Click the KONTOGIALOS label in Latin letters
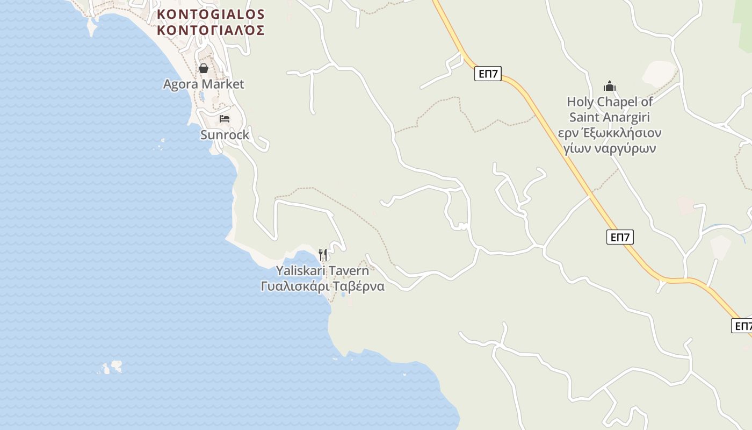click(211, 14)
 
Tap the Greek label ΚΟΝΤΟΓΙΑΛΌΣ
click(211, 30)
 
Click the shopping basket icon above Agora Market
click(204, 68)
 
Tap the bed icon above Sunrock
click(225, 118)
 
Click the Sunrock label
click(225, 135)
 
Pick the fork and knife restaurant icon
click(323, 254)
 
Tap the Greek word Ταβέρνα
click(358, 286)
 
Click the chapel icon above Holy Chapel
click(609, 86)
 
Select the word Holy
click(579, 102)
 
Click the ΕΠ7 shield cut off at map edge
click(742, 326)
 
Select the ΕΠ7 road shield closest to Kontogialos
click(488, 74)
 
